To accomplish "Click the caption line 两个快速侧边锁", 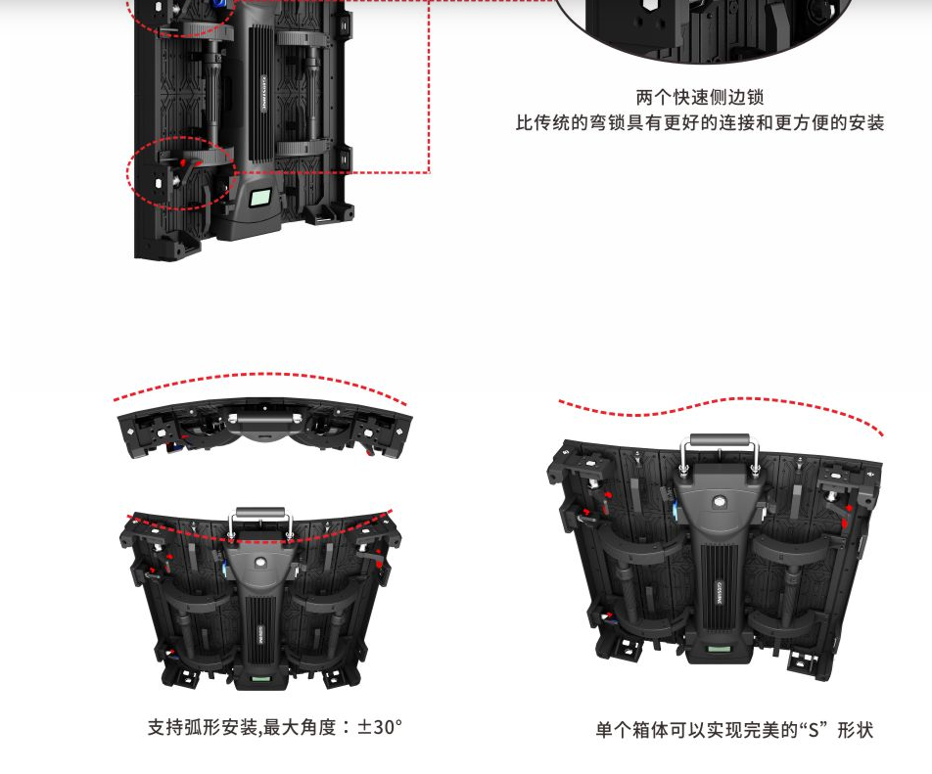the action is [x=700, y=97].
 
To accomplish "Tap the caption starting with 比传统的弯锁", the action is [x=700, y=123].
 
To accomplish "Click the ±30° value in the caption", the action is [x=380, y=727].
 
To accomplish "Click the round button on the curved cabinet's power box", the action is [x=259, y=562].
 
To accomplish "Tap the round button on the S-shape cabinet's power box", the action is [x=720, y=501].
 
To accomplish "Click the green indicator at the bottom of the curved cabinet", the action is [x=260, y=678].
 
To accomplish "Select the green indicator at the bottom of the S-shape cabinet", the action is [x=718, y=650].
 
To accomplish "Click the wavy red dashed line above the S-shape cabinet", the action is [x=720, y=404].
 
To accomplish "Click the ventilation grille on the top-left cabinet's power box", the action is [x=259, y=94].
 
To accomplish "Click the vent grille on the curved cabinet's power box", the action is [x=259, y=634].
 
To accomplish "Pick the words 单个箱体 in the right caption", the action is [x=631, y=729].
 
